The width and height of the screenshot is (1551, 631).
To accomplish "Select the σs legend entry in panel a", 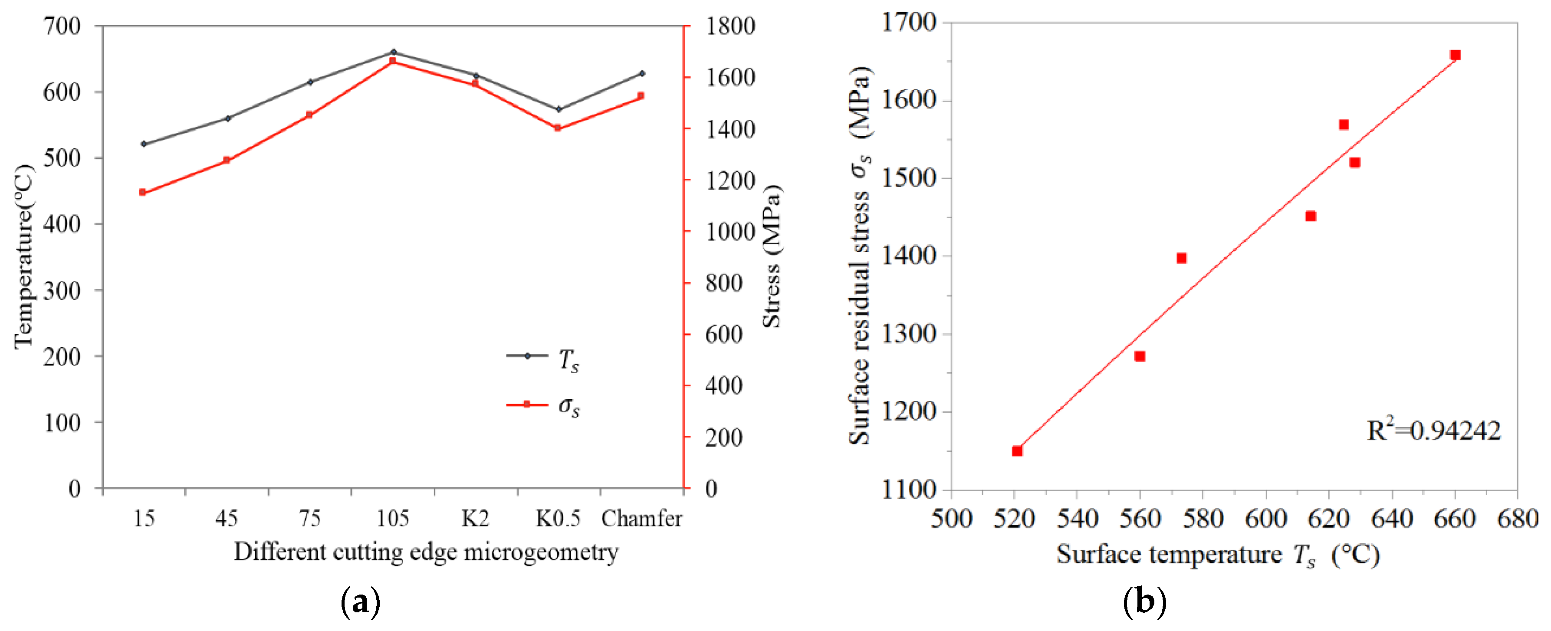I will (x=542, y=406).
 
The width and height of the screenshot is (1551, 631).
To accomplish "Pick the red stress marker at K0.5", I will (x=558, y=128).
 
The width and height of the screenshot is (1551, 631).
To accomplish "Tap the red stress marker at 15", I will (x=143, y=192).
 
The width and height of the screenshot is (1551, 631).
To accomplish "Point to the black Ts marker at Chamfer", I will (x=641, y=73).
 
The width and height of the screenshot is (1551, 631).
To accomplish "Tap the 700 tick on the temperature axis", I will (x=62, y=26).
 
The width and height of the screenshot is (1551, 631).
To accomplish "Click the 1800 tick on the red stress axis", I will (x=730, y=26).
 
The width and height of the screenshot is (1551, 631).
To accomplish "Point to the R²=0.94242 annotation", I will (x=1433, y=431).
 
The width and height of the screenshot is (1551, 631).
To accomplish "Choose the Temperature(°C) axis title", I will (x=24, y=256).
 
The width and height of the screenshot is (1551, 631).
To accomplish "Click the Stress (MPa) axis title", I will (x=772, y=256).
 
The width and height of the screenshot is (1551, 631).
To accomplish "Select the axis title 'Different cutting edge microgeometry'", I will (x=426, y=552).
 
